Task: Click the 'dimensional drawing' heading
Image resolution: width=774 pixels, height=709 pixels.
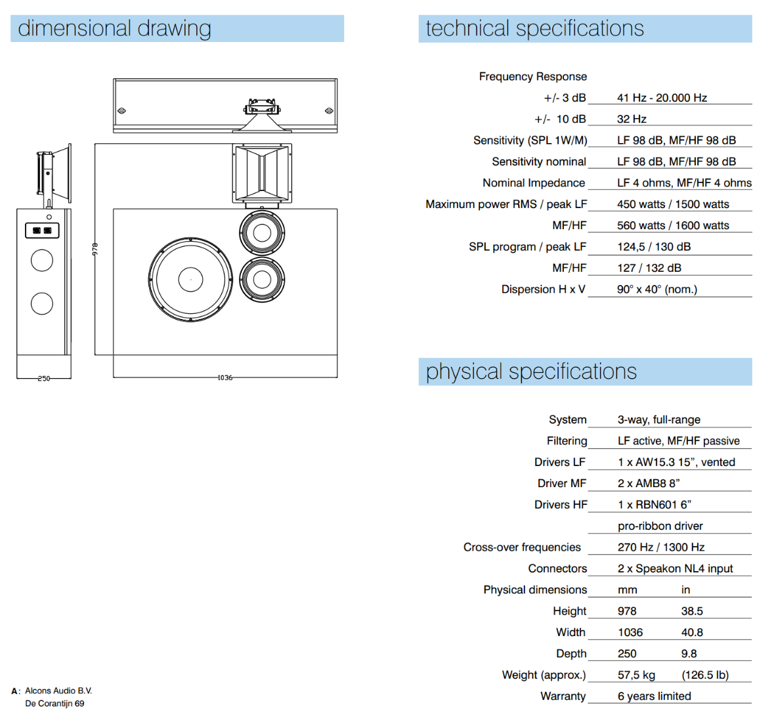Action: coord(115,28)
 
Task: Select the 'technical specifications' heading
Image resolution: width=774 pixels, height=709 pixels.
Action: coord(534,28)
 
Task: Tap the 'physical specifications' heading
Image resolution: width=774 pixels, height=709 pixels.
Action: coord(531,372)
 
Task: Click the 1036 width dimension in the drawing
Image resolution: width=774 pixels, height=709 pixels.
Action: coord(225,378)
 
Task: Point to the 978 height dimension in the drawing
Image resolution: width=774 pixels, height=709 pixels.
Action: coord(95,249)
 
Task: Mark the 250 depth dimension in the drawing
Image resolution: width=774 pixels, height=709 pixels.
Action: coord(43,379)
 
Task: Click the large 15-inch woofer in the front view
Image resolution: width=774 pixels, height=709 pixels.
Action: coord(190,279)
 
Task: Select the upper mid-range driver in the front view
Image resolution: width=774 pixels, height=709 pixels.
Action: coord(262,232)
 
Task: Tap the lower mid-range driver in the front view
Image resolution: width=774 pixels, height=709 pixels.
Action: coord(262,279)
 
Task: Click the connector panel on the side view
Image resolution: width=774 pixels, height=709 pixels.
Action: coord(42,230)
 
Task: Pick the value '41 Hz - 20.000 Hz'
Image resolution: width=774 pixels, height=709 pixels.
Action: coord(662,98)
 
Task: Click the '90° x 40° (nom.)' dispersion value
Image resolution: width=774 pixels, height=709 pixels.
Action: coord(656,290)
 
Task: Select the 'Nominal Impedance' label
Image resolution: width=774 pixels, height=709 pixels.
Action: coord(533,183)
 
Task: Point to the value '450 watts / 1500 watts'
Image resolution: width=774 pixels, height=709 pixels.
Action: coord(673,204)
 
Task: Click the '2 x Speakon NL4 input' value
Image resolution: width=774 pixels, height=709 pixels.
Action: coord(675,569)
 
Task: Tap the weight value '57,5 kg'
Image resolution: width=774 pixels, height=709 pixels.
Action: coord(636,675)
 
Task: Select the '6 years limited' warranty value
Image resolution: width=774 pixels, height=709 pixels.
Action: coord(654,696)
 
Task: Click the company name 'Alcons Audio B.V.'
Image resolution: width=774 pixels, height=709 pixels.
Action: coord(58,691)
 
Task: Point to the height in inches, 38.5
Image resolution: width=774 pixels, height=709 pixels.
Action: coord(692,611)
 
